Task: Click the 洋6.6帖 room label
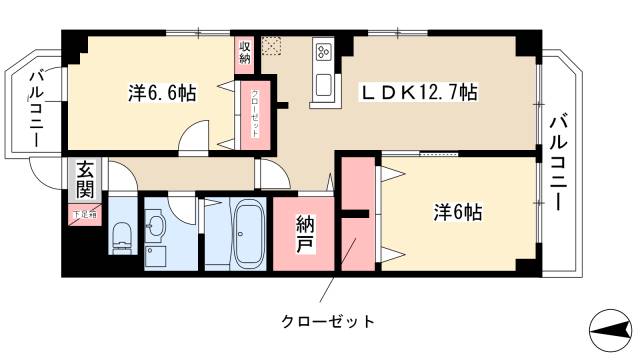(162, 93)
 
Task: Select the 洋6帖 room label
(459, 212)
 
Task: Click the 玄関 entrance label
(83, 182)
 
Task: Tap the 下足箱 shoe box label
(83, 213)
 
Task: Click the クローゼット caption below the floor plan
(327, 321)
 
